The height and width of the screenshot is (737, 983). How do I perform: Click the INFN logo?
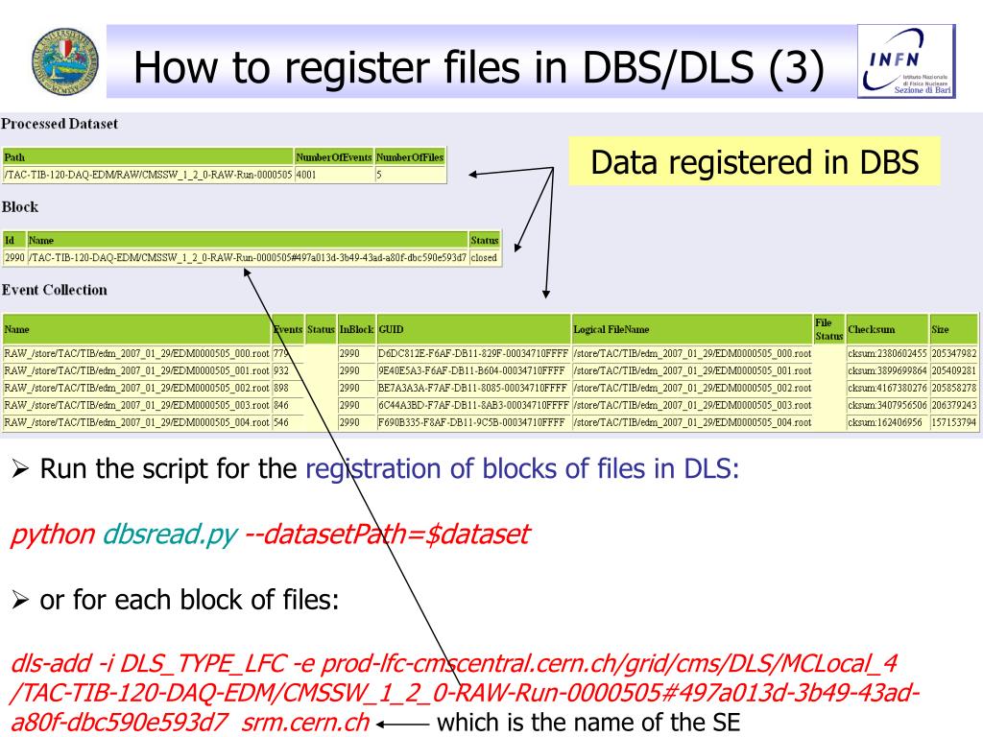(x=906, y=61)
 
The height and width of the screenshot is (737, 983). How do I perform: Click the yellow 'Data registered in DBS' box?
(x=755, y=162)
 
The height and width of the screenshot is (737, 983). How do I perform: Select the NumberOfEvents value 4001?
(x=307, y=176)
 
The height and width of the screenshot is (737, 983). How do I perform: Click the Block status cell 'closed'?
(x=484, y=257)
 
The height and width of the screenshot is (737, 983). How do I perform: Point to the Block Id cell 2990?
(x=14, y=257)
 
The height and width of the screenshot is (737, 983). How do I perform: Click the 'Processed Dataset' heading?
(x=60, y=125)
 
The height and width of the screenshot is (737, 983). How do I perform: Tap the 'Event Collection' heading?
(x=55, y=290)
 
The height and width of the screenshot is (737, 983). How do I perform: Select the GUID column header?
(x=391, y=330)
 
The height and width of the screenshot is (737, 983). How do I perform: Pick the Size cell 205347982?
(x=953, y=353)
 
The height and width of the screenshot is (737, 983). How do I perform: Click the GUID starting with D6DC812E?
(x=473, y=353)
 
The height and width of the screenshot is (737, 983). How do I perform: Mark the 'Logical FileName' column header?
(x=611, y=330)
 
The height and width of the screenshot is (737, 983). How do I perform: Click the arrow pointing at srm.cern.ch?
(x=402, y=724)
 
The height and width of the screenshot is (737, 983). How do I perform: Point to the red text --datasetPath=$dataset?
(x=387, y=535)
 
